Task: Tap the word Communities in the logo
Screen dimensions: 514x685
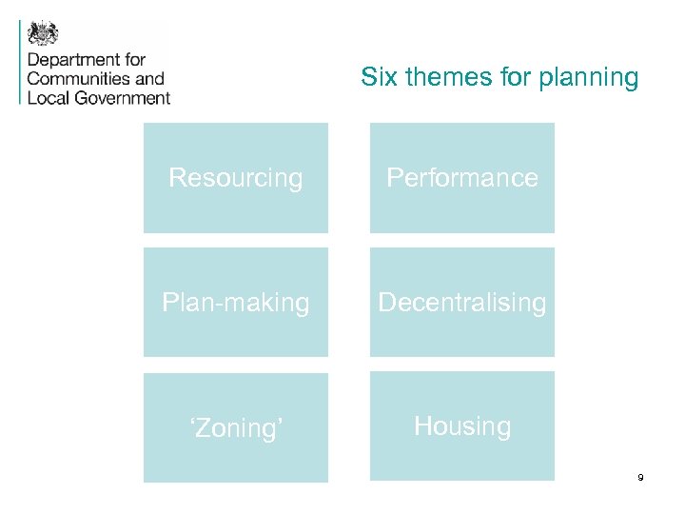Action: [x=79, y=79]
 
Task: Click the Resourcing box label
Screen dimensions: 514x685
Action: [x=235, y=178]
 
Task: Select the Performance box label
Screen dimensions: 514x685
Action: [x=461, y=178]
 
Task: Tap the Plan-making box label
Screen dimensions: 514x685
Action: [x=235, y=303]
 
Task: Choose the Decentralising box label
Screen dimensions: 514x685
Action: [x=461, y=303]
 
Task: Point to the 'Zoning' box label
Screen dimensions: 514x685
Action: [x=235, y=427]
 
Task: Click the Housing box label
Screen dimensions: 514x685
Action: [x=461, y=425]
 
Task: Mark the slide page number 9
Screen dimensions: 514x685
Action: [x=640, y=477]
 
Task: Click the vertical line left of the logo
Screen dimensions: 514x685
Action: [x=20, y=61]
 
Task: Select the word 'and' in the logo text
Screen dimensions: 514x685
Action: [x=149, y=79]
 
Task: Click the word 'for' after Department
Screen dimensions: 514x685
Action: [x=134, y=61]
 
